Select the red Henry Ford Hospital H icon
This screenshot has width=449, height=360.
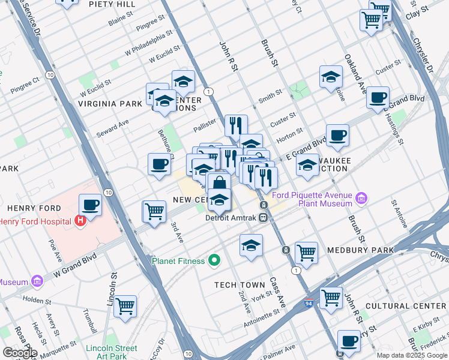click(x=80, y=221)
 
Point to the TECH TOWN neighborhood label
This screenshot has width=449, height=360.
click(x=240, y=284)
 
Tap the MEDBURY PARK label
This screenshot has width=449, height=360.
click(x=360, y=250)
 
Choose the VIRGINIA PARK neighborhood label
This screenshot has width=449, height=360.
click(x=110, y=103)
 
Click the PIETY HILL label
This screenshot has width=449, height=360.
click(x=112, y=4)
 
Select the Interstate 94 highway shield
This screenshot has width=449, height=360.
click(x=309, y=304)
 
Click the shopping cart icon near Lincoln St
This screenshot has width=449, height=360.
click(x=125, y=307)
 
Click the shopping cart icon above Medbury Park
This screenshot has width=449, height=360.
click(x=306, y=252)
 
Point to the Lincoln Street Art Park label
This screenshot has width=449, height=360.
click(x=111, y=352)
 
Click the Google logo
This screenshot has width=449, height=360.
click(x=20, y=352)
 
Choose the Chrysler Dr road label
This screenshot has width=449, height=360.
click(x=422, y=57)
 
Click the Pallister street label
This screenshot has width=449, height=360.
click(x=204, y=128)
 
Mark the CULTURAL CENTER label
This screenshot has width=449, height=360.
click(x=414, y=306)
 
